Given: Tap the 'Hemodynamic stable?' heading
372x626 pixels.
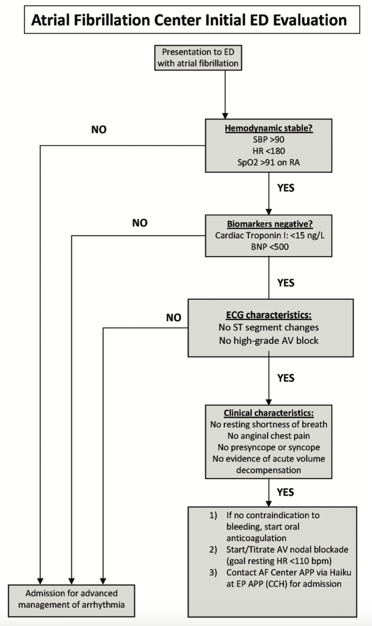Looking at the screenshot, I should (x=269, y=129).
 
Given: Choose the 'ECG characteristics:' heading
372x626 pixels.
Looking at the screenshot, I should (x=269, y=315).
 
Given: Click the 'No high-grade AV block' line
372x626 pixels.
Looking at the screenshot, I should (x=269, y=340).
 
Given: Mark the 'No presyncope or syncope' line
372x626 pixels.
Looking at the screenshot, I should (x=269, y=447).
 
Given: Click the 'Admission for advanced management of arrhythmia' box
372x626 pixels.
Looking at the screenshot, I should (x=71, y=599).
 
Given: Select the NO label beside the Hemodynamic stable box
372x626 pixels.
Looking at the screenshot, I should (x=99, y=129).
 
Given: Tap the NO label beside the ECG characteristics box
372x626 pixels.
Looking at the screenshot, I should (x=173, y=318).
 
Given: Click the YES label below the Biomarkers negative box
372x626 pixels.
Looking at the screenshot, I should (x=286, y=283).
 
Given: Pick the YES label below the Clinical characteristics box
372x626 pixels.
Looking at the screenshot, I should (x=286, y=492).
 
